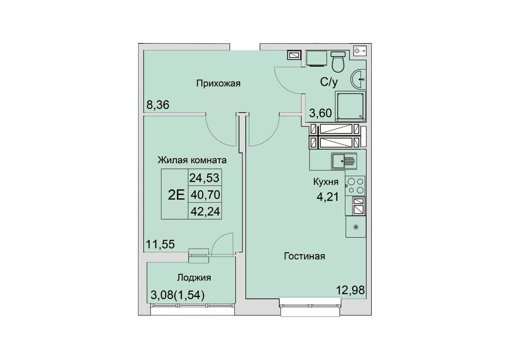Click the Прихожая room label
[x=218, y=84]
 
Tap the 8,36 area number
[x=158, y=105]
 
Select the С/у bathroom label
[x=329, y=82]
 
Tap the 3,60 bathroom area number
[x=320, y=113]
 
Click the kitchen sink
[x=344, y=161]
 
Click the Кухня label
[x=326, y=182]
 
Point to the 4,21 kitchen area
[x=328, y=197]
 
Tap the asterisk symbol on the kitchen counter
[x=356, y=227]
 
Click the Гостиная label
[x=304, y=256]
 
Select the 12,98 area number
[x=350, y=290]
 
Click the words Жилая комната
[x=192, y=160]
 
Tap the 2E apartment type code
[x=176, y=195]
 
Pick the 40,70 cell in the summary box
[x=205, y=195]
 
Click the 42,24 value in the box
[x=205, y=211]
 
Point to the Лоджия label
[x=194, y=278]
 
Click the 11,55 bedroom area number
[x=160, y=245]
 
